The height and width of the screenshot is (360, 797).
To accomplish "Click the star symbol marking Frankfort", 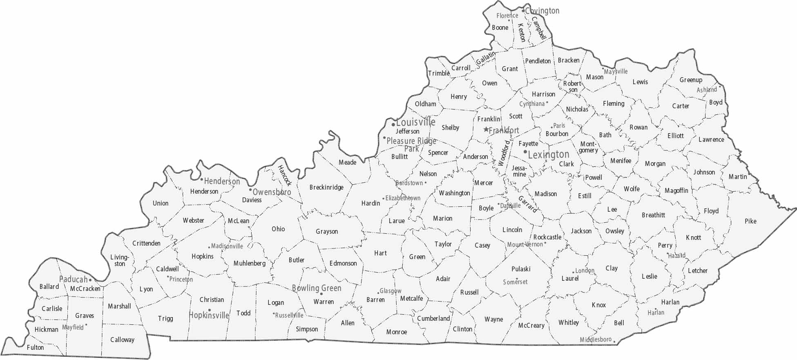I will [x=486, y=130].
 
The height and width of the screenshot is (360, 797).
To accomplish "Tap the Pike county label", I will [x=750, y=221].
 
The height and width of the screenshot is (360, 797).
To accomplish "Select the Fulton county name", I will [x=35, y=347].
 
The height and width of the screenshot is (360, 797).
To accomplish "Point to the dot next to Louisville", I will [x=393, y=124].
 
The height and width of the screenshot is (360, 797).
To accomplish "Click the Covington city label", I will [x=542, y=11].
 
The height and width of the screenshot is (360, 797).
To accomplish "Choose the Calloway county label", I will [x=122, y=340].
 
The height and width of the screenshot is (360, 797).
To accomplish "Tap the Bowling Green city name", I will [x=317, y=288].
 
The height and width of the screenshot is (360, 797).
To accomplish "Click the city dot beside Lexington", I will [x=525, y=152].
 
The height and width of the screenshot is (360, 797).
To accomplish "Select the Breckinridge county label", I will [x=326, y=188].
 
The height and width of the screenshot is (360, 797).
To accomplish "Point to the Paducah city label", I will [x=74, y=280].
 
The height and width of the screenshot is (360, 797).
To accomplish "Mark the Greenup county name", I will [x=691, y=80].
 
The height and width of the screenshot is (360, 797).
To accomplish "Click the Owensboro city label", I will [x=272, y=192].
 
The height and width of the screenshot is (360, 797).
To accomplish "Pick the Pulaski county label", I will [x=521, y=269].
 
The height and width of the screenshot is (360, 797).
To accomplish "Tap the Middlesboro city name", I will [x=596, y=340].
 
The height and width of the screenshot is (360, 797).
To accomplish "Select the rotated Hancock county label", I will [x=284, y=175].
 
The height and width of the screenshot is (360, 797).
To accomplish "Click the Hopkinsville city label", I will [x=209, y=315].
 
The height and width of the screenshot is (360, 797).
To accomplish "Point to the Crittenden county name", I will [x=146, y=243].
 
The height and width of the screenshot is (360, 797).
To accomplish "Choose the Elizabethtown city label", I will [x=403, y=198].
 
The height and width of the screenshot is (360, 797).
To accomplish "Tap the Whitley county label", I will [x=569, y=322].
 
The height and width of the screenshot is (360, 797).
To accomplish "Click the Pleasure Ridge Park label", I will [x=411, y=144].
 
